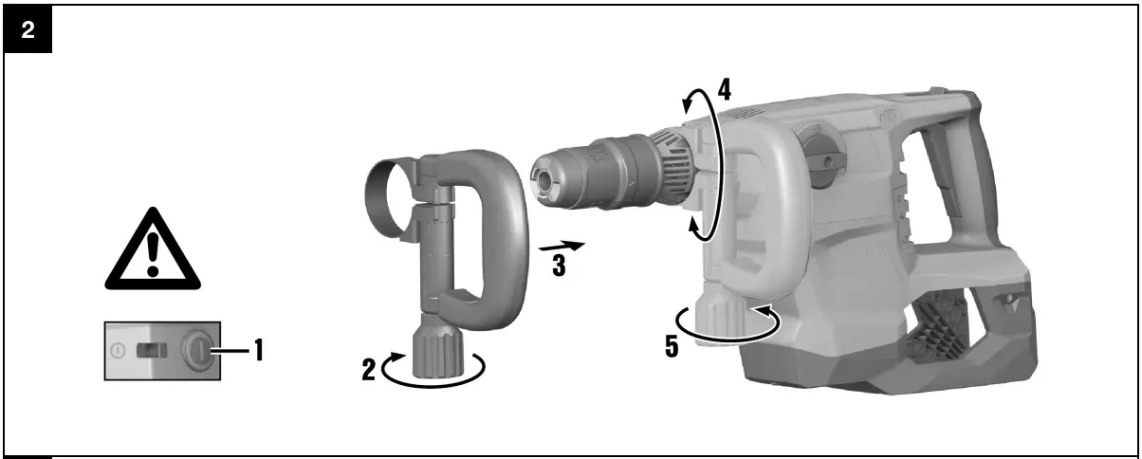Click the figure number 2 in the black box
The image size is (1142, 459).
pos(28,30)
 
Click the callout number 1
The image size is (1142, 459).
pos(259,350)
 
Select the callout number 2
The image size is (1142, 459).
pos(369,370)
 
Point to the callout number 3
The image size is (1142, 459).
pos(560,266)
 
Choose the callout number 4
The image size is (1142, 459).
pos(725,90)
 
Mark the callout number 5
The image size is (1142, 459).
pos(672,347)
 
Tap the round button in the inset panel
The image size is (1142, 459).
pos(200,350)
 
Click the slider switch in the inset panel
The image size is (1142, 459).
pos(152,350)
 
